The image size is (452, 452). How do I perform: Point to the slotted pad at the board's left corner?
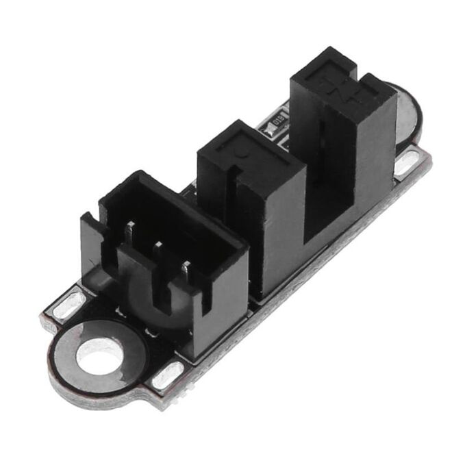[69, 305]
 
